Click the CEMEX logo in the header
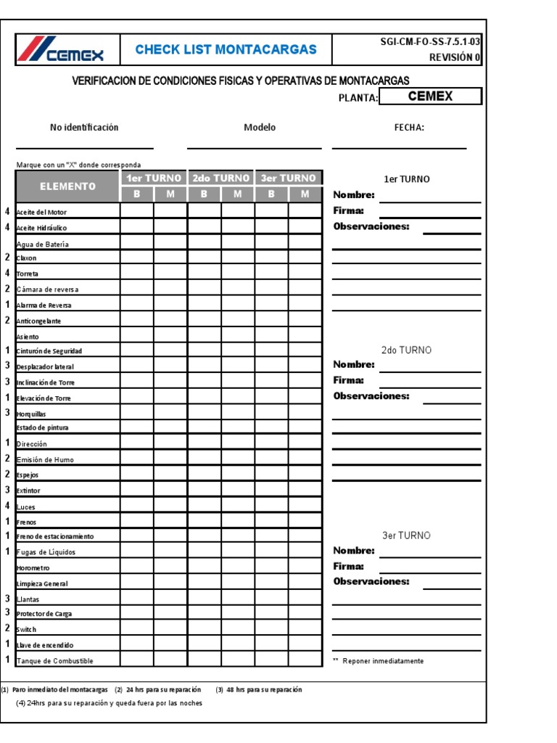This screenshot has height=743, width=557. tap(62, 50)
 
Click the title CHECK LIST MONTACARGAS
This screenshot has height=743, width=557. tap(226, 50)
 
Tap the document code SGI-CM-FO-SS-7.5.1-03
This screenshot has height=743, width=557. tap(430, 42)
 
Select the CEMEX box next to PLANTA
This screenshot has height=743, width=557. tap(430, 97)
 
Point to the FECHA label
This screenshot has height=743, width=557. tap(409, 128)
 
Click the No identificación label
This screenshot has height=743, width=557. tap(84, 128)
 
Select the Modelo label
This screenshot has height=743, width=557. tap(260, 128)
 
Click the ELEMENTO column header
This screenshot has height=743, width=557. tap(67, 186)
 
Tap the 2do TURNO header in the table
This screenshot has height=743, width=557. tap(220, 178)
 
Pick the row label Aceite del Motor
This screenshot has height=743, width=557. tap(41, 212)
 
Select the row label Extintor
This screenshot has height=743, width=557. tap(29, 491)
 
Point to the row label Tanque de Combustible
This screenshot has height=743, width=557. tap(54, 661)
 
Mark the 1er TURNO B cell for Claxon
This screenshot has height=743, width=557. tap(136, 258)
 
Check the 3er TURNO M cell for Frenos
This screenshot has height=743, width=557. tap(305, 522)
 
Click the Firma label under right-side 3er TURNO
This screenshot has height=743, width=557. tap(348, 567)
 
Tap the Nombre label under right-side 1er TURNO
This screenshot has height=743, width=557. tap(354, 195)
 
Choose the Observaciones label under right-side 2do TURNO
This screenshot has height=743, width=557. tap(371, 397)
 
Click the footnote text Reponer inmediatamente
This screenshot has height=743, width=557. tap(383, 661)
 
